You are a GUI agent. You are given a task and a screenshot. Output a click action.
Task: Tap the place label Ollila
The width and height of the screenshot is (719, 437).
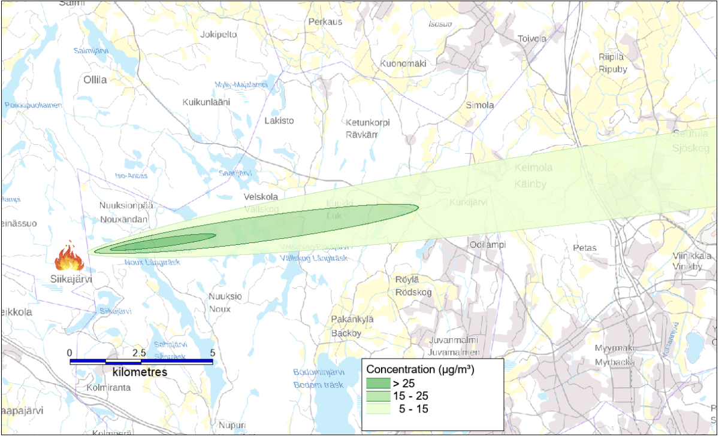[95, 79]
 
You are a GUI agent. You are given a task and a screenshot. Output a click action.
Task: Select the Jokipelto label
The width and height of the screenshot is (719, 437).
[219, 34]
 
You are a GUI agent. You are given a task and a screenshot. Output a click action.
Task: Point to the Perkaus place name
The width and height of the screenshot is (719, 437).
[325, 22]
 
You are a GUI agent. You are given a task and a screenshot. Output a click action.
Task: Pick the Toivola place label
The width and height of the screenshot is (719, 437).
[532, 39]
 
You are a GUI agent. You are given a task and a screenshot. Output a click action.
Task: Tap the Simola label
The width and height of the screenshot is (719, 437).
[480, 105]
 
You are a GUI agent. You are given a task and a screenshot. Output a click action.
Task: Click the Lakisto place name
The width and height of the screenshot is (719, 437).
[279, 120]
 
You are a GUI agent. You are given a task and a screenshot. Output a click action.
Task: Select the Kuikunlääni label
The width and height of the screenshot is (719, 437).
[206, 102]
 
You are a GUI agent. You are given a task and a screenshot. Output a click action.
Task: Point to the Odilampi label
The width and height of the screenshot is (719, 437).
[488, 244]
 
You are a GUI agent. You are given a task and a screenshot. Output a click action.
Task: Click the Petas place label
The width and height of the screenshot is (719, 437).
[585, 247]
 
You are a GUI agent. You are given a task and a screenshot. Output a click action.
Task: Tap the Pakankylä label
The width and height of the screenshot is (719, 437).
[352, 320]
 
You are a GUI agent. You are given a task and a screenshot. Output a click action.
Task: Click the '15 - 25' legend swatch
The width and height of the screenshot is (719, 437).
[377, 396]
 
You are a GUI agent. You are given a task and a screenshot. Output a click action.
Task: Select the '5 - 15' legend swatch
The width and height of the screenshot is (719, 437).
[377, 409]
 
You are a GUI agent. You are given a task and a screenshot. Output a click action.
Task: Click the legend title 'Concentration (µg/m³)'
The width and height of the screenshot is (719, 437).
[420, 369]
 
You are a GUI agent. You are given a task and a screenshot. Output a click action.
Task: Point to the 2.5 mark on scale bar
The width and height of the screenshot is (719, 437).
[140, 353]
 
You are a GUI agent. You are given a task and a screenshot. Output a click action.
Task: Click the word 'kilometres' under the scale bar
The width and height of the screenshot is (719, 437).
[140, 372]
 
